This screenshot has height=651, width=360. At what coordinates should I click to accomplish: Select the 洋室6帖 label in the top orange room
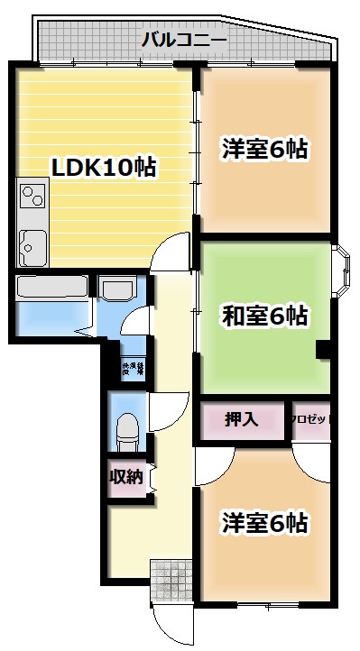click(264, 149)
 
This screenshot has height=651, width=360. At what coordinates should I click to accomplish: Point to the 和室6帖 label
click(264, 316)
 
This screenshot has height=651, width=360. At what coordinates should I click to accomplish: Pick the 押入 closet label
click(241, 419)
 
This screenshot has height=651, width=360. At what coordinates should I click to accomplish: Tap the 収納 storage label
click(125, 476)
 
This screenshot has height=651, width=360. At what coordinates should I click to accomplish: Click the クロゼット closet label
click(311, 419)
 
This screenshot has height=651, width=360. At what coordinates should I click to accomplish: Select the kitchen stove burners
click(32, 194)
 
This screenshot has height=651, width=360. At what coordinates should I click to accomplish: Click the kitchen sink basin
click(32, 243)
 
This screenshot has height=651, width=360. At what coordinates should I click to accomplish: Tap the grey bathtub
click(51, 289)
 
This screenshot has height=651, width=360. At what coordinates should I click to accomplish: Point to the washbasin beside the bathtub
click(115, 289)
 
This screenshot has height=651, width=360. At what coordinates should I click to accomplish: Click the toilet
click(125, 426)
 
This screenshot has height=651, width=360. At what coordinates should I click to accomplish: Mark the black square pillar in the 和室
click(322, 351)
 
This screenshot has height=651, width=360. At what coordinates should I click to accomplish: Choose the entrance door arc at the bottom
click(172, 622)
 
